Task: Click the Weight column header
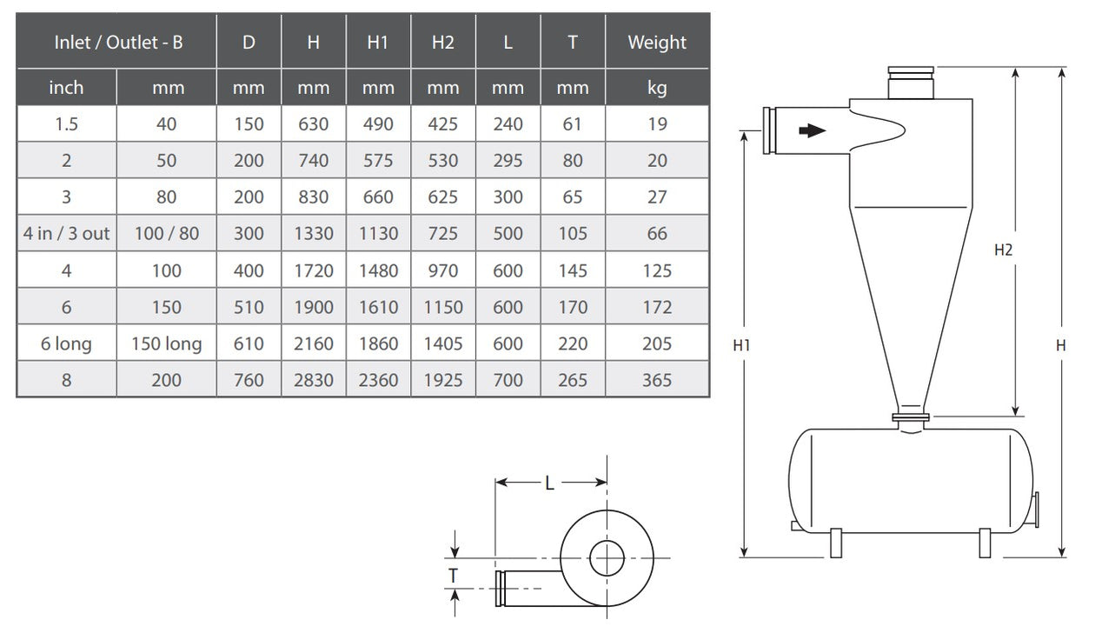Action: tap(656, 43)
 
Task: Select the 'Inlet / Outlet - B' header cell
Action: tap(117, 43)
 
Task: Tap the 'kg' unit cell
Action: tap(656, 88)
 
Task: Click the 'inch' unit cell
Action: tap(66, 88)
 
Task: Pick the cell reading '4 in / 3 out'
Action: tap(66, 234)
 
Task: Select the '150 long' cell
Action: tap(166, 343)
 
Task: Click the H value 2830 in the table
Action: tap(313, 380)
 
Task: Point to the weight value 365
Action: tap(656, 380)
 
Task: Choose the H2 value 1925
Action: tap(443, 380)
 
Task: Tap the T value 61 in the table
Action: tap(572, 124)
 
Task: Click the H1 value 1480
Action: tap(377, 270)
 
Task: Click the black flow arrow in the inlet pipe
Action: tap(812, 131)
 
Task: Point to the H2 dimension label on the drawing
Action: tap(1004, 250)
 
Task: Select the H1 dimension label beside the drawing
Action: tap(741, 345)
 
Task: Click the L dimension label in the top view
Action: tap(549, 484)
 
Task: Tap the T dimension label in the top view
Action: tap(454, 574)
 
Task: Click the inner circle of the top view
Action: tap(607, 558)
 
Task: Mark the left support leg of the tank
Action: tap(836, 543)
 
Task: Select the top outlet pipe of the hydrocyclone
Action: tap(909, 85)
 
